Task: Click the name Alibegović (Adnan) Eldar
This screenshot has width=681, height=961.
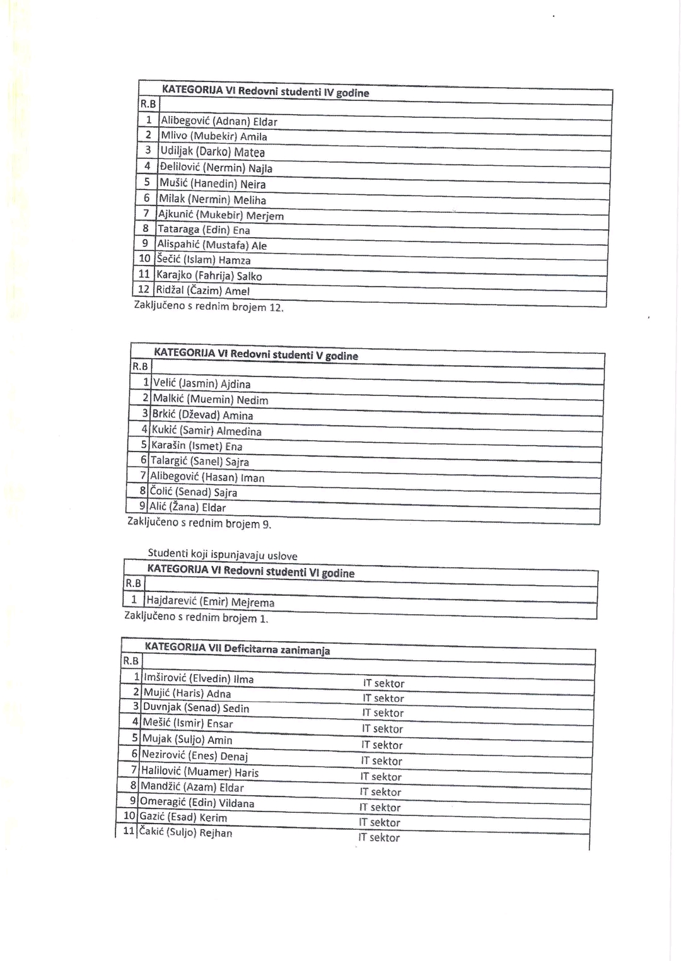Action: (x=219, y=122)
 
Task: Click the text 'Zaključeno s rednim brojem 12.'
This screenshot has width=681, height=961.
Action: (x=209, y=307)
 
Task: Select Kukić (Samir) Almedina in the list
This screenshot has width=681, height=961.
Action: (x=206, y=431)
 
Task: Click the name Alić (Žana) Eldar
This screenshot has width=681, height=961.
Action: (x=187, y=508)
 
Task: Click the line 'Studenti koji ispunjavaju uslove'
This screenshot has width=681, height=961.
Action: (x=222, y=555)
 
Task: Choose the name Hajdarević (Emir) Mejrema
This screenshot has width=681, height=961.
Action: (x=210, y=602)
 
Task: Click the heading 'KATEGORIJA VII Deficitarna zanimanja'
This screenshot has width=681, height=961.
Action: (x=237, y=649)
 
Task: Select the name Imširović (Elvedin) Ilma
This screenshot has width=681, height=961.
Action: (x=199, y=679)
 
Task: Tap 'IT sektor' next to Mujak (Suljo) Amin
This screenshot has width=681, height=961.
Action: (x=381, y=745)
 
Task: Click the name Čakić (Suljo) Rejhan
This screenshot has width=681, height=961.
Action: (x=185, y=833)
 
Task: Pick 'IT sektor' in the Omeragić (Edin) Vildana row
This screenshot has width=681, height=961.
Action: (x=380, y=807)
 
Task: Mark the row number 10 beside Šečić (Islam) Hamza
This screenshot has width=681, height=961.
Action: (x=144, y=259)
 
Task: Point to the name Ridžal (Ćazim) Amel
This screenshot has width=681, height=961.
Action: (x=202, y=291)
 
